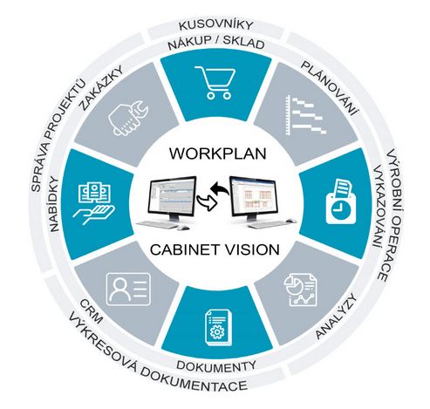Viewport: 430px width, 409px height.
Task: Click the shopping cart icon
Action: (x=215, y=82)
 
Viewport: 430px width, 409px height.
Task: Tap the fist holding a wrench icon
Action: (x=128, y=118)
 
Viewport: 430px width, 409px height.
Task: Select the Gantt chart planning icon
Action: (x=306, y=115)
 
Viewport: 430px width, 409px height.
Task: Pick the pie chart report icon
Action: (x=301, y=289)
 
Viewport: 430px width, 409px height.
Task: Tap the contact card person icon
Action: (x=128, y=289)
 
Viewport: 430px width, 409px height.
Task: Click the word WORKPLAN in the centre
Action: (x=218, y=153)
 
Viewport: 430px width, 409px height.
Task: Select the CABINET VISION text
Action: (x=215, y=249)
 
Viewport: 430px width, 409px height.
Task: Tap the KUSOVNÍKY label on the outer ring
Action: (x=215, y=25)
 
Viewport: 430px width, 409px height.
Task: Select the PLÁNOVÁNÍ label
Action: (x=330, y=87)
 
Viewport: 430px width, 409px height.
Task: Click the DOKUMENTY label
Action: (x=216, y=366)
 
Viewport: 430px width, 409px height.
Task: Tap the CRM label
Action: (x=92, y=311)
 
